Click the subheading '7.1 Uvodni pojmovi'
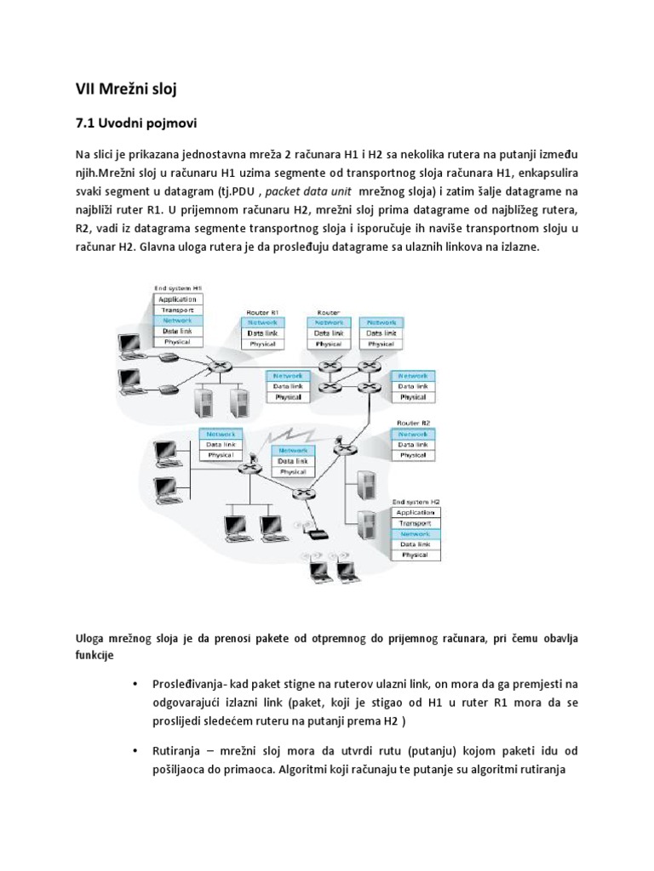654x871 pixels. pos(136,124)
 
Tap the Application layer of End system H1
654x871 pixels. pos(178,300)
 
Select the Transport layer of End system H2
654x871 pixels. pos(416,522)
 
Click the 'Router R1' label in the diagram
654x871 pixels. pos(262,313)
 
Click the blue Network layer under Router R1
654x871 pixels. pos(263,323)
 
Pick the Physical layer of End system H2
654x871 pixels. pos(416,554)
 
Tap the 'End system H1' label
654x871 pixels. pos(178,289)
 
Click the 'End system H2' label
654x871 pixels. pos(416,502)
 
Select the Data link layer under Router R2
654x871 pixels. pos(414,445)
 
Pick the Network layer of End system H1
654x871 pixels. pos(178,321)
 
